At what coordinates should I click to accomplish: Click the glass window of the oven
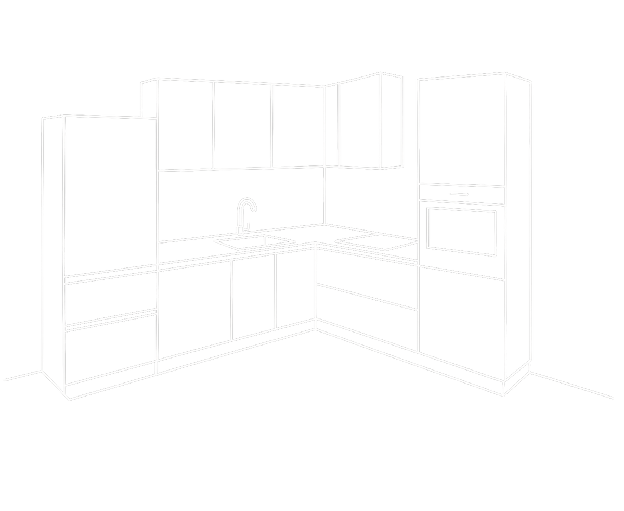[461, 229]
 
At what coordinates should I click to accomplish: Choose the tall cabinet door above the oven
[461, 130]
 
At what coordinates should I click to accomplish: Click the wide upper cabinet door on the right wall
[361, 122]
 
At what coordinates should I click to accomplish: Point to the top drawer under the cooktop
[367, 276]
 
